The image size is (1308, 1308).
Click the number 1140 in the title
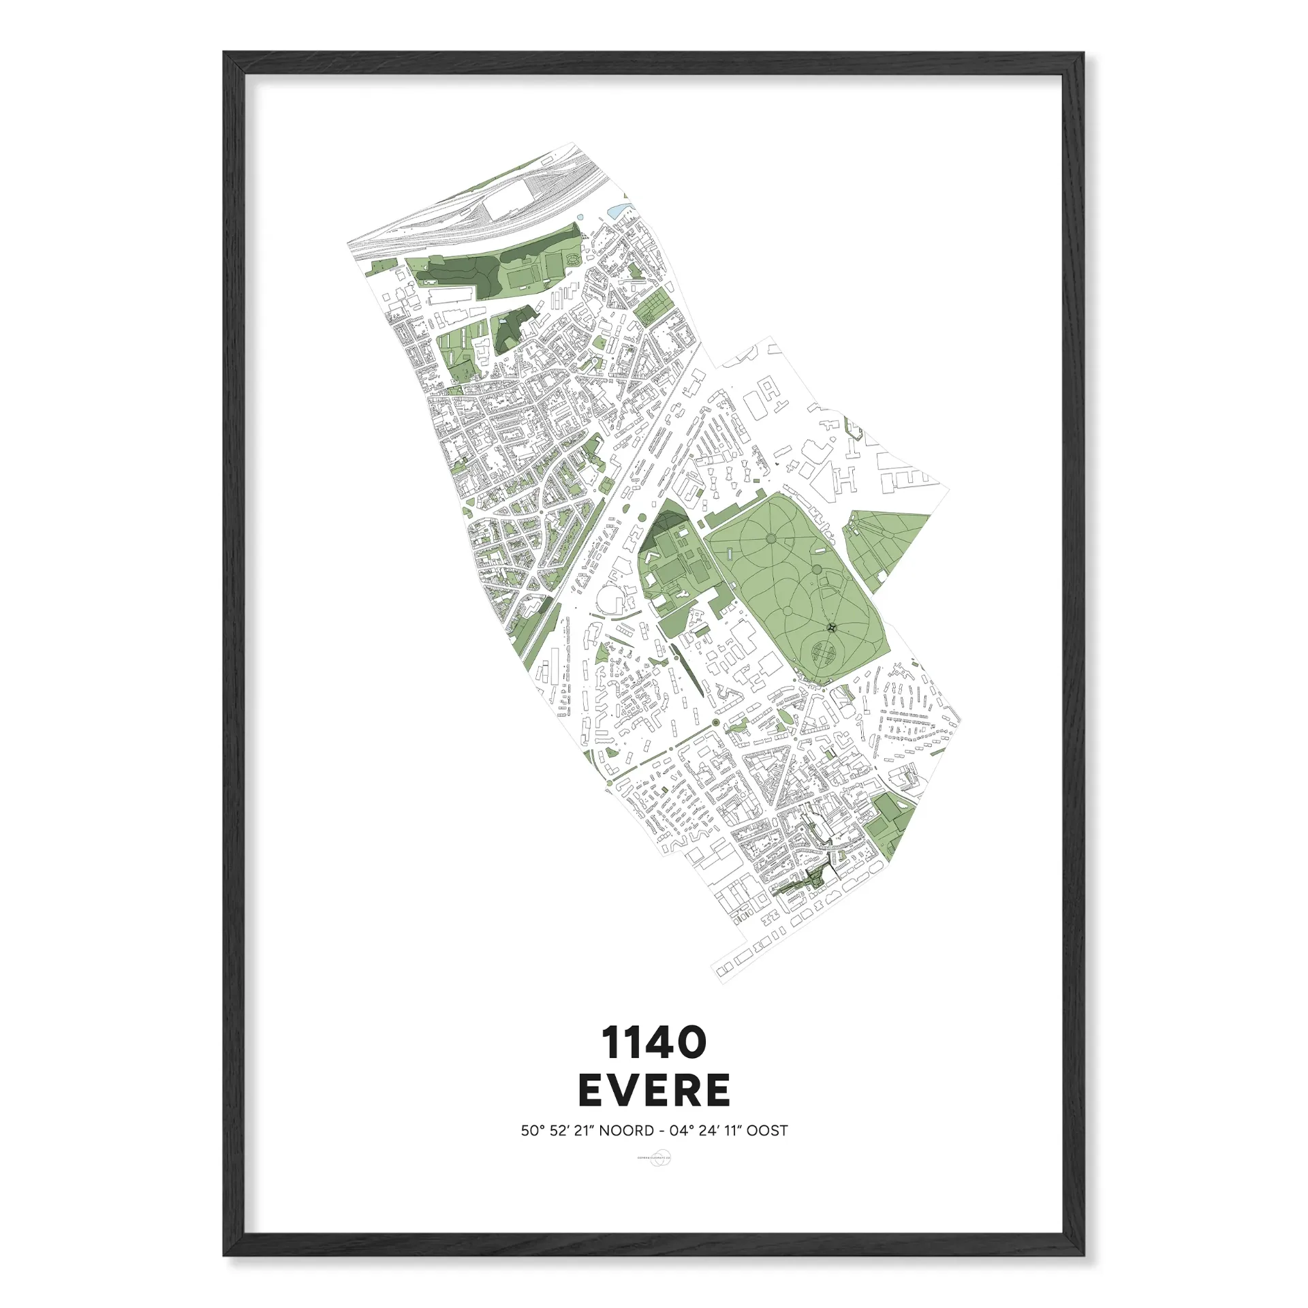[653, 1043]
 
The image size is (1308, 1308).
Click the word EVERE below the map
[654, 1091]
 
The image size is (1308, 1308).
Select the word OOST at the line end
[766, 1131]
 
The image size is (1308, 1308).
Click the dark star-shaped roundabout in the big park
[831, 626]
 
